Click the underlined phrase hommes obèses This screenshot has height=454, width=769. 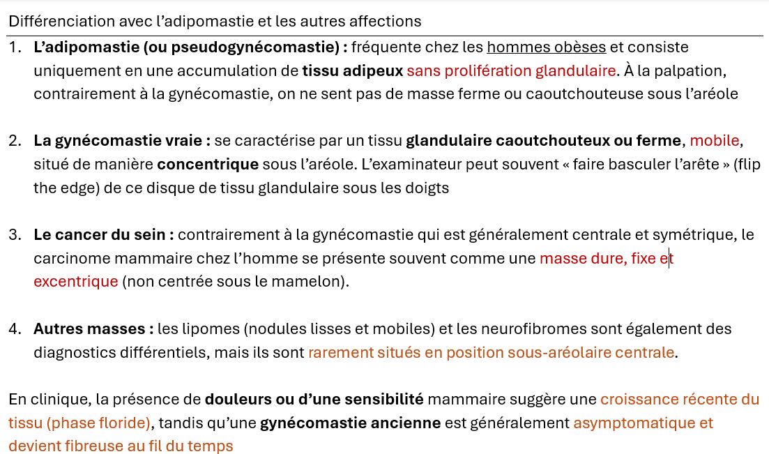tap(546, 47)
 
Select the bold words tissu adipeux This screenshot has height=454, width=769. tap(353, 70)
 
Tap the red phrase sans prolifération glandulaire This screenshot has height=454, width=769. tap(511, 70)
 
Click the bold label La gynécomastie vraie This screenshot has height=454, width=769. tap(122, 141)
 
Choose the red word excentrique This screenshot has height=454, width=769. tap(76, 282)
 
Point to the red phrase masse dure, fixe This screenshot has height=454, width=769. tap(597, 259)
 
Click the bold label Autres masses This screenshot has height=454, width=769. tap(93, 328)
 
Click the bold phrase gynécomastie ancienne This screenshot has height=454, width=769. tap(350, 423)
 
